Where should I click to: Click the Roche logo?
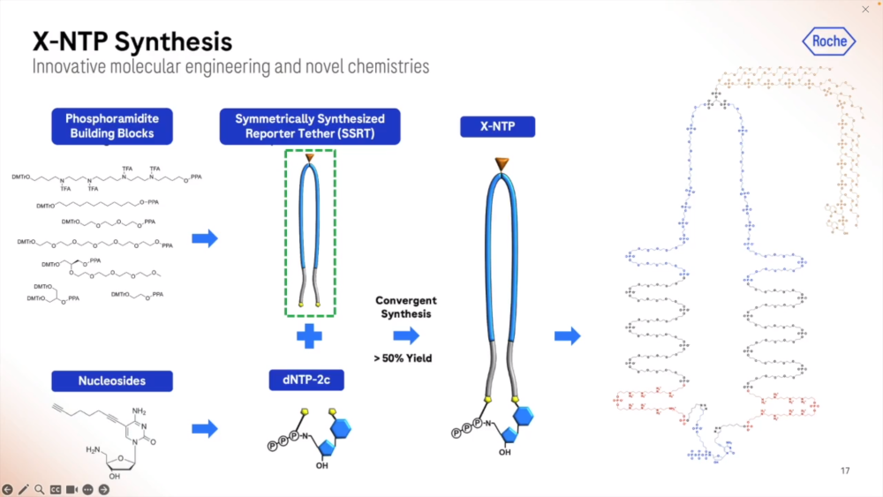coord(829,41)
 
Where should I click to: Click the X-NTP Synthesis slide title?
coord(132,41)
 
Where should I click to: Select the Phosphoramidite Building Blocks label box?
coord(111,126)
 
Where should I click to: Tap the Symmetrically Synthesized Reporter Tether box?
coord(310,126)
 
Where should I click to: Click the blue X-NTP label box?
coord(497,127)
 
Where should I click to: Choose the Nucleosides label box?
coord(111,380)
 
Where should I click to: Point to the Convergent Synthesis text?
coord(406,307)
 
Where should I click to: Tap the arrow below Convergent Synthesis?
coord(406,335)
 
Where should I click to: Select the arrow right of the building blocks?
coord(205,238)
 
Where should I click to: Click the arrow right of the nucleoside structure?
coord(205,429)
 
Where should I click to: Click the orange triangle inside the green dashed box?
coord(310,159)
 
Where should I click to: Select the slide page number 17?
coord(845,471)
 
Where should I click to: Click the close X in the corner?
coord(865,10)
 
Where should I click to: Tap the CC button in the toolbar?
coord(55,489)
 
